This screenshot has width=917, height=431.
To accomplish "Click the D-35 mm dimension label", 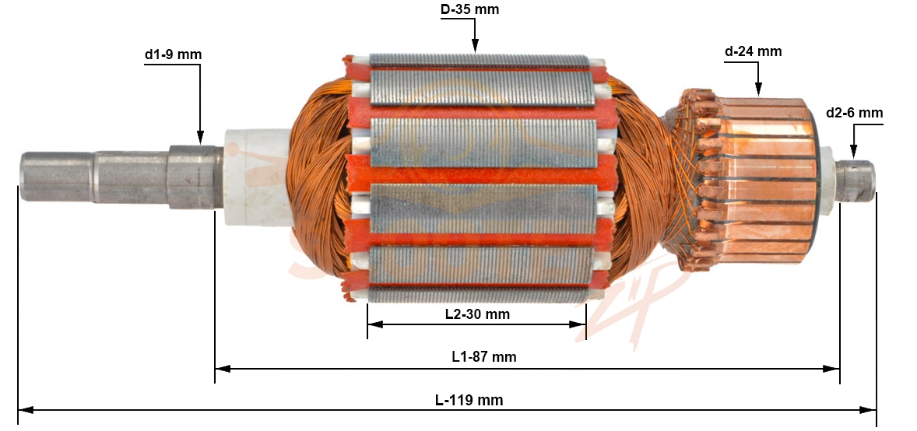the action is pos(469,9).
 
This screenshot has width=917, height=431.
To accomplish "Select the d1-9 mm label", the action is pos(173,55).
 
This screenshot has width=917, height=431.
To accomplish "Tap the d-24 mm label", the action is pos(754,51).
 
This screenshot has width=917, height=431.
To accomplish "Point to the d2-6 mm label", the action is pos(855,113).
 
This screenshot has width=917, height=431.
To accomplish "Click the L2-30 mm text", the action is pos(477,314).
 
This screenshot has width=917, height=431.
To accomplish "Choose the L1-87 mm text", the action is pos(484,357).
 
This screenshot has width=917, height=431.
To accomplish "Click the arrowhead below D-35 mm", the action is pos(475,46).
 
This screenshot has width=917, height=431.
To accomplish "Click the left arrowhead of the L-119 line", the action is pos(26,410).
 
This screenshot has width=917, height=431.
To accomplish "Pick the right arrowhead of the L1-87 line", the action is pos(831,369).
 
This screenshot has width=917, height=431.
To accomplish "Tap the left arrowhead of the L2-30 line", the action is pos(375,324).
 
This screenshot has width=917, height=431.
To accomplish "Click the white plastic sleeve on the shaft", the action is pos(258,177).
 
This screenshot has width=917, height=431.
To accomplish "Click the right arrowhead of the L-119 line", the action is pos(868,410).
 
